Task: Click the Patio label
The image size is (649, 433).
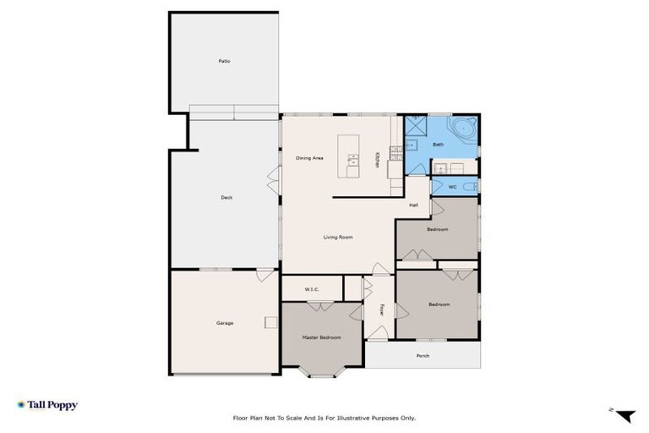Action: pyautogui.click(x=224, y=61)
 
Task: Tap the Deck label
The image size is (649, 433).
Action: pyautogui.click(x=226, y=197)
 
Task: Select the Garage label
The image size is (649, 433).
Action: pyautogui.click(x=224, y=322)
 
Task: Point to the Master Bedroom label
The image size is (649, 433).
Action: pyautogui.click(x=321, y=337)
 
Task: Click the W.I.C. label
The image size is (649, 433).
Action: pyautogui.click(x=312, y=289)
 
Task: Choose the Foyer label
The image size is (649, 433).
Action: pyautogui.click(x=382, y=310)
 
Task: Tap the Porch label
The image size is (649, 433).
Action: pyautogui.click(x=423, y=355)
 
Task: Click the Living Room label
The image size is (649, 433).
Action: pyautogui.click(x=337, y=237)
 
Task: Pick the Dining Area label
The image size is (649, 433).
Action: pyautogui.click(x=309, y=158)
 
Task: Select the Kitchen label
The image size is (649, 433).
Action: pyautogui.click(x=377, y=159)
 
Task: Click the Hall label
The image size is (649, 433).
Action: pyautogui.click(x=414, y=205)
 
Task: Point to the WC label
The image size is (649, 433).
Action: pyautogui.click(x=453, y=186)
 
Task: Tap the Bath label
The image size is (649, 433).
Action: pyautogui.click(x=438, y=145)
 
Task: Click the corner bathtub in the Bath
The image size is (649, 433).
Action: pyautogui.click(x=464, y=130)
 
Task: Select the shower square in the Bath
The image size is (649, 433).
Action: pyautogui.click(x=416, y=128)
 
